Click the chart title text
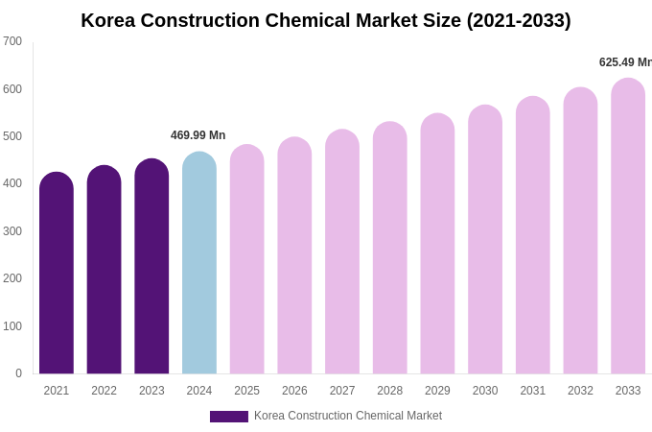tap(325, 20)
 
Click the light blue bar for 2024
tap(199, 263)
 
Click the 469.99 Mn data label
tap(198, 135)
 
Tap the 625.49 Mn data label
tap(625, 62)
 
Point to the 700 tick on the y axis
tap(12, 41)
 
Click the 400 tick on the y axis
tap(12, 183)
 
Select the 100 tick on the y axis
tap(12, 326)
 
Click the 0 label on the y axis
tap(18, 373)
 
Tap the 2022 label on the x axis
tap(104, 391)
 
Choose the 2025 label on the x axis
tap(246, 391)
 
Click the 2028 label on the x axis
tap(389, 391)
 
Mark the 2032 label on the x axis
tap(580, 391)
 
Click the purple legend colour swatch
tap(228, 417)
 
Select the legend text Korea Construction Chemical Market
tap(348, 416)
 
